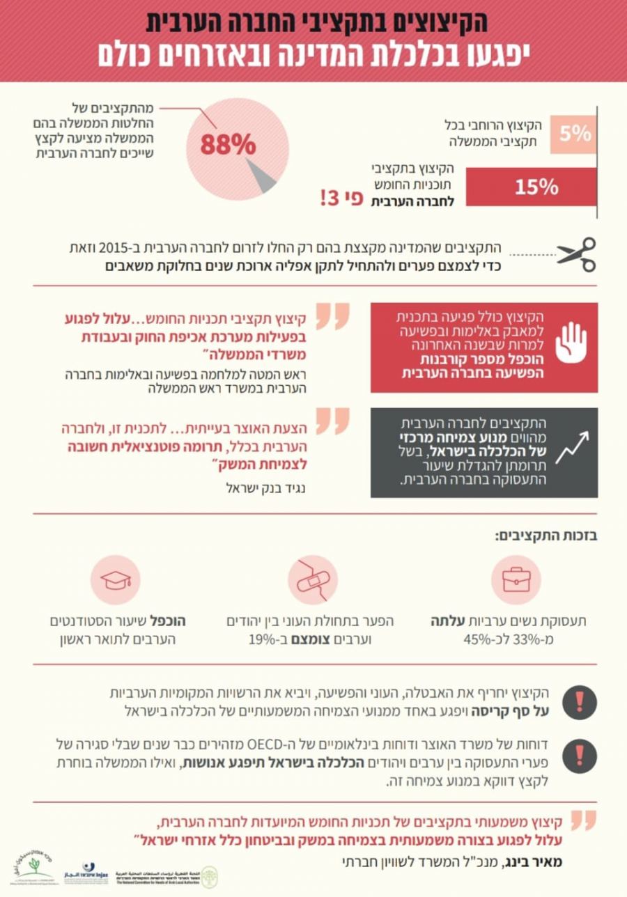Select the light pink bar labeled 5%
pos(573,134)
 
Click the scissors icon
pos(577,254)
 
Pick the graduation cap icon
pos(115,580)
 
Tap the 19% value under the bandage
pos(261,639)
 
